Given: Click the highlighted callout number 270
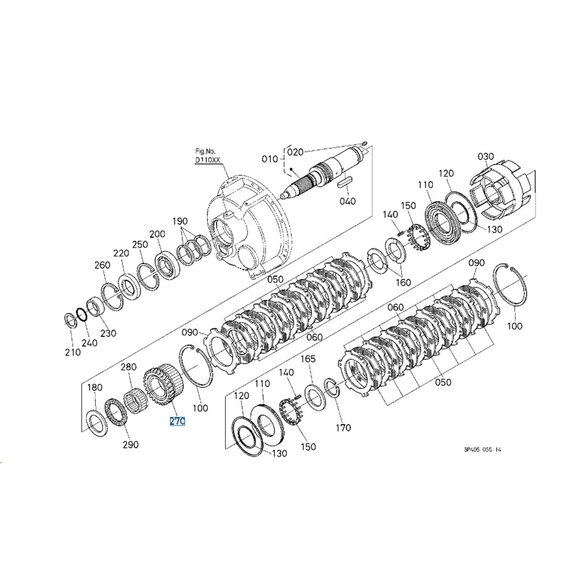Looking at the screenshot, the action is click(177, 421).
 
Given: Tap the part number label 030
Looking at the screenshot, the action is click(486, 156).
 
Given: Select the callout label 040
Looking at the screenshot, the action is click(348, 201).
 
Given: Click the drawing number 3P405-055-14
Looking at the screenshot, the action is click(482, 450).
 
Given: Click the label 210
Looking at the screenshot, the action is click(73, 352).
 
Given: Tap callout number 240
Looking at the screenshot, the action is click(89, 343).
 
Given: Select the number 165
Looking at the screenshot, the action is click(308, 359).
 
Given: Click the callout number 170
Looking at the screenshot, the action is click(343, 428).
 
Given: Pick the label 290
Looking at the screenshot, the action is click(131, 445).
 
